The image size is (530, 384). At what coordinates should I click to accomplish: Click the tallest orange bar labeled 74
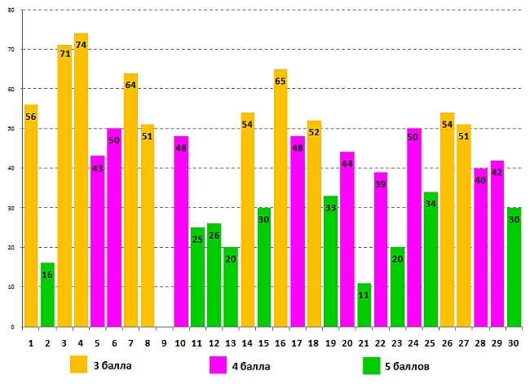pyautogui.click(x=81, y=179)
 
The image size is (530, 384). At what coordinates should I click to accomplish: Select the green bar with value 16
pyautogui.click(x=47, y=294)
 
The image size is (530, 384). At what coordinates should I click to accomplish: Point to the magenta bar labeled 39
pyautogui.click(x=380, y=249)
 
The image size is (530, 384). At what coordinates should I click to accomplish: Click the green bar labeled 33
pyautogui.click(x=330, y=261)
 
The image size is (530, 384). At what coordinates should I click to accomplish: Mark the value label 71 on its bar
pyautogui.click(x=64, y=52)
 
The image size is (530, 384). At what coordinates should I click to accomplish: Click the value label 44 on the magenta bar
pyautogui.click(x=347, y=164)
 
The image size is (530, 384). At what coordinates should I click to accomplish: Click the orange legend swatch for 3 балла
pyautogui.click(x=79, y=364)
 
